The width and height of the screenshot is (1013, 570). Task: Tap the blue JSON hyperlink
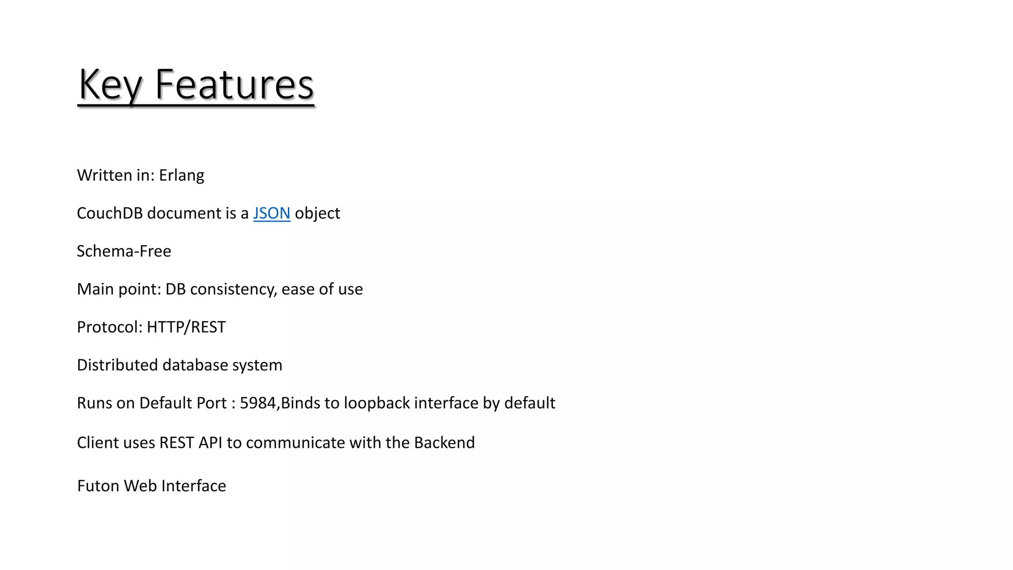click(272, 213)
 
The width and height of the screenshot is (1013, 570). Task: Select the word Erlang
click(182, 176)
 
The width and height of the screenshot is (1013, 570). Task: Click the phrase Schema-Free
click(124, 251)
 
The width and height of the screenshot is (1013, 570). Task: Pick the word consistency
click(233, 289)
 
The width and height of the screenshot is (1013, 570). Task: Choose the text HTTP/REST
click(186, 327)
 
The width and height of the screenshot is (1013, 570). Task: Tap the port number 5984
click(258, 403)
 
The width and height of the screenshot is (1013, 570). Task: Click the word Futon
click(98, 486)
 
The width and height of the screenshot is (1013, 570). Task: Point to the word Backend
click(444, 442)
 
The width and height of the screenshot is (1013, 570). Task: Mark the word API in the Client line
click(210, 442)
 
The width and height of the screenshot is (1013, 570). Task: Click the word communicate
click(295, 442)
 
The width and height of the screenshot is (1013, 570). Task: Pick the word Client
click(97, 442)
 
